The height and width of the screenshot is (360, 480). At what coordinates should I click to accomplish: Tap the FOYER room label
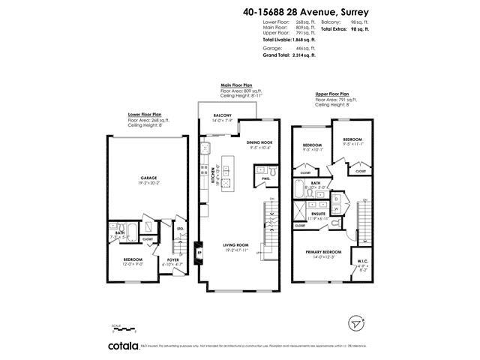(x=172, y=261)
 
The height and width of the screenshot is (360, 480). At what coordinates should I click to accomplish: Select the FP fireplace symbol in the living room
(x=199, y=252)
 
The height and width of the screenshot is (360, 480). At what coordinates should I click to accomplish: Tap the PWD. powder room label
(x=267, y=178)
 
